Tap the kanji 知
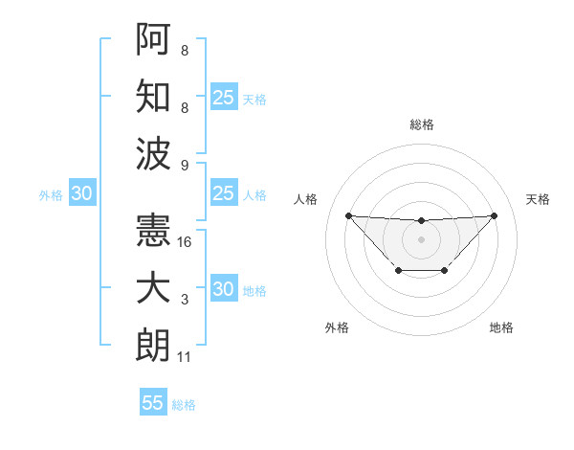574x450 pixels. coord(153,96)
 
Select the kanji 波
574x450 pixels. coord(153,153)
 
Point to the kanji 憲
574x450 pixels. coord(153,231)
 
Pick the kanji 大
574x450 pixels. coord(153,289)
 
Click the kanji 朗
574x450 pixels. coord(153,347)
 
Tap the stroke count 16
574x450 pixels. coord(185,242)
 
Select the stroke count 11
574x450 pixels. coord(185,358)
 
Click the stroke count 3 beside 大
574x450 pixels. coord(185,301)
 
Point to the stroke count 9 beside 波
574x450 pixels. coord(185,165)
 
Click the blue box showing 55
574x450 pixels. coord(153,403)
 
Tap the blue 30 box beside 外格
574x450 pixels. coord(81,194)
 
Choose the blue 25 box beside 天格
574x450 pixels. coord(223,97)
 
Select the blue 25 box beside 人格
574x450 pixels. coord(223,194)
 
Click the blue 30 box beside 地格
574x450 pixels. coord(223,290)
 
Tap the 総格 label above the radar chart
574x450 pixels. coord(422,125)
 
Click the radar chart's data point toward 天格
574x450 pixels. coord(494,215)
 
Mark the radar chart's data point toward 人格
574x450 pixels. coord(348,215)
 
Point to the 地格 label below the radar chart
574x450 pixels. coord(501,328)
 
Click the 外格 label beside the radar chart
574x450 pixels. coord(337,328)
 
